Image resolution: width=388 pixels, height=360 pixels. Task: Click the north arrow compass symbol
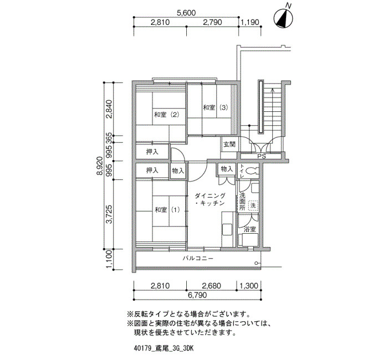[x=283, y=18]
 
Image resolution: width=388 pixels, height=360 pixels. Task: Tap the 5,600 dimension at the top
[x=186, y=13]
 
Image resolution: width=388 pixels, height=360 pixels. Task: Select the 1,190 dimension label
[x=250, y=22]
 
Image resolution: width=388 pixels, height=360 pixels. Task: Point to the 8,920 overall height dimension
[x=100, y=166]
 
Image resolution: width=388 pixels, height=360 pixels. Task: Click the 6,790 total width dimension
[x=197, y=295]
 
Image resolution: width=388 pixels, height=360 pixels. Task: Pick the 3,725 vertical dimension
[x=109, y=214]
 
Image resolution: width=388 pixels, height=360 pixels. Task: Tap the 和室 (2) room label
[x=166, y=115]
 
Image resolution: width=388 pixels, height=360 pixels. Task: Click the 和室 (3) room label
[x=215, y=107]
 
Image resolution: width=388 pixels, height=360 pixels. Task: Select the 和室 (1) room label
[x=167, y=210]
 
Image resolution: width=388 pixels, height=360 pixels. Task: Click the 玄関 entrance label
[x=229, y=144]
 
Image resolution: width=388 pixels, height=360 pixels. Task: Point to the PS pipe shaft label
[x=262, y=156]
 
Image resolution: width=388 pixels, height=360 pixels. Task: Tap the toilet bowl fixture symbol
[x=252, y=171]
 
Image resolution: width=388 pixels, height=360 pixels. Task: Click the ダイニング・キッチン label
[x=210, y=199]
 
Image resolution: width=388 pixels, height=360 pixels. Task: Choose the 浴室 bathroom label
[x=249, y=229]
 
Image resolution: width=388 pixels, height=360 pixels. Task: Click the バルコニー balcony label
[x=198, y=259]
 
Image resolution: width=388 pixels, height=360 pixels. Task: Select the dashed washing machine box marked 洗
[x=253, y=205]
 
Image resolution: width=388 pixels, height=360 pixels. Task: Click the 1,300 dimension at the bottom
[x=249, y=286]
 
